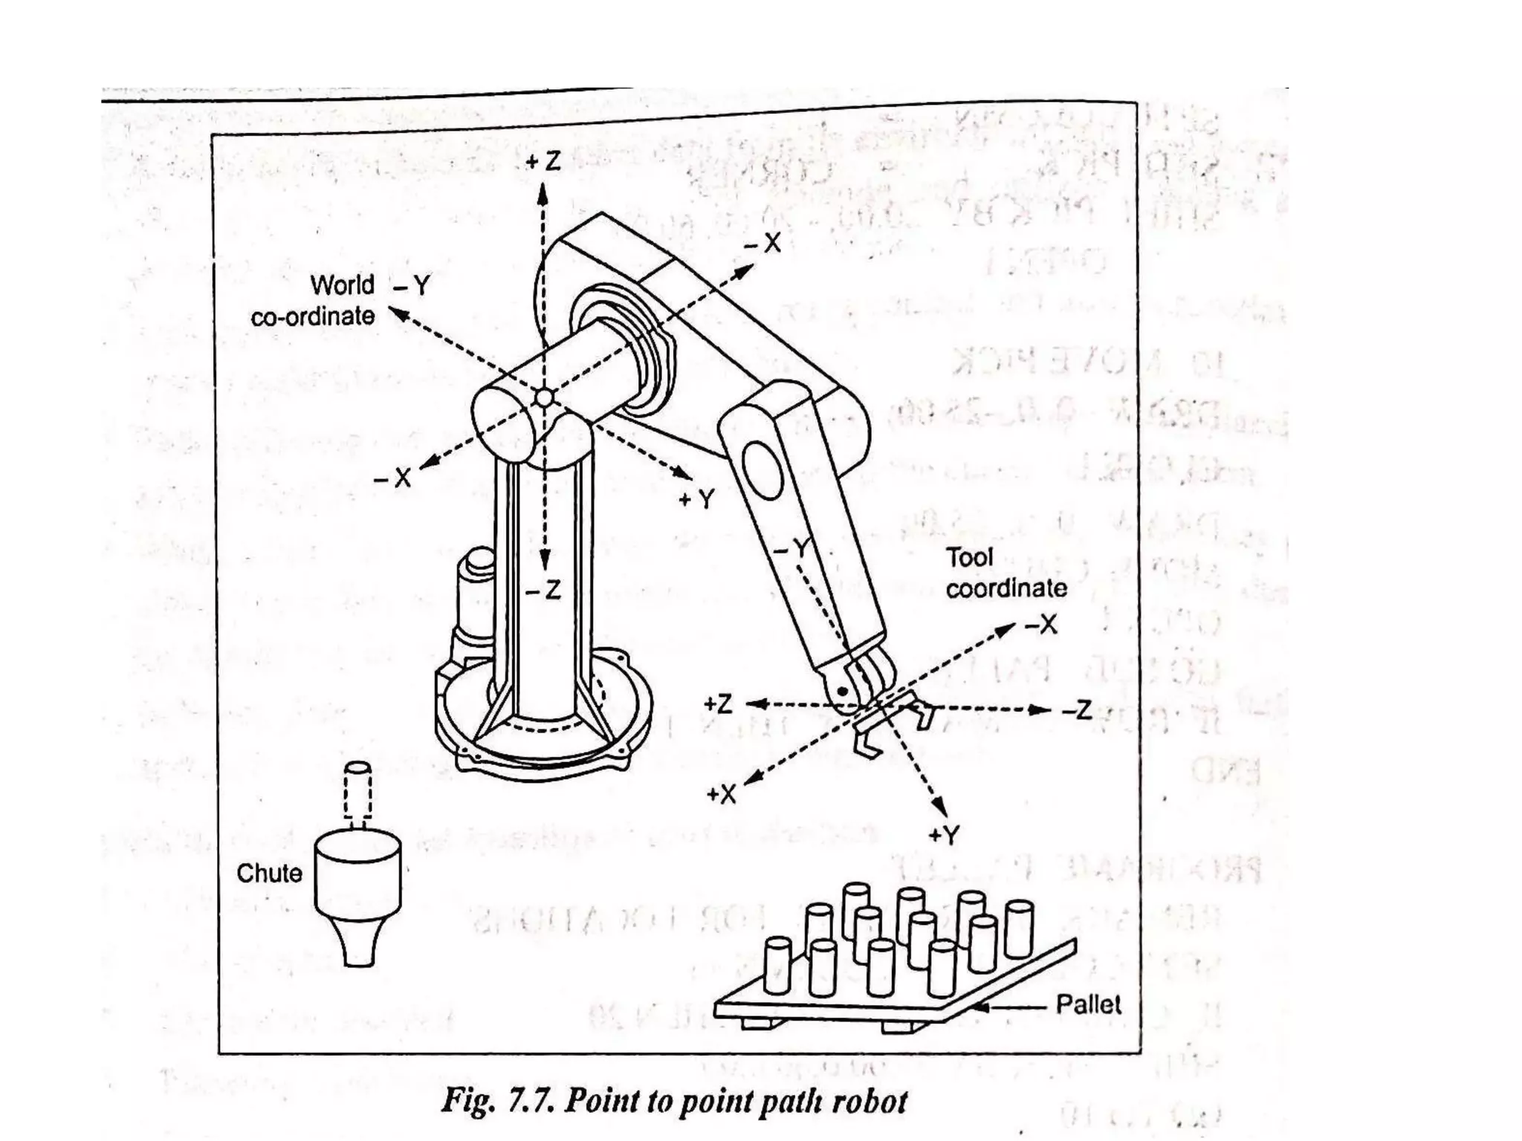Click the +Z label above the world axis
pyautogui.click(x=543, y=161)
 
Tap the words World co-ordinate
pyautogui.click(x=313, y=301)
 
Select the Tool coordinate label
pyautogui.click(x=1005, y=573)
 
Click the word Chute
pyautogui.click(x=269, y=873)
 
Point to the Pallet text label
pyautogui.click(x=1088, y=1005)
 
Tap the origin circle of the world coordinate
pyautogui.click(x=544, y=398)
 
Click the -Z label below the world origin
pyautogui.click(x=543, y=591)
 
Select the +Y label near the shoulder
pyautogui.click(x=696, y=499)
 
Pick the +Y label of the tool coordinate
pyautogui.click(x=944, y=835)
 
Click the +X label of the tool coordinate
pyautogui.click(x=720, y=795)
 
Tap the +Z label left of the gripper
pyautogui.click(x=718, y=703)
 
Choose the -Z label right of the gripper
pyautogui.click(x=1077, y=711)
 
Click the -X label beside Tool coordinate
pyautogui.click(x=1041, y=625)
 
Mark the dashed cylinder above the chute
pyautogui.click(x=357, y=791)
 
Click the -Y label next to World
pyautogui.click(x=412, y=285)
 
